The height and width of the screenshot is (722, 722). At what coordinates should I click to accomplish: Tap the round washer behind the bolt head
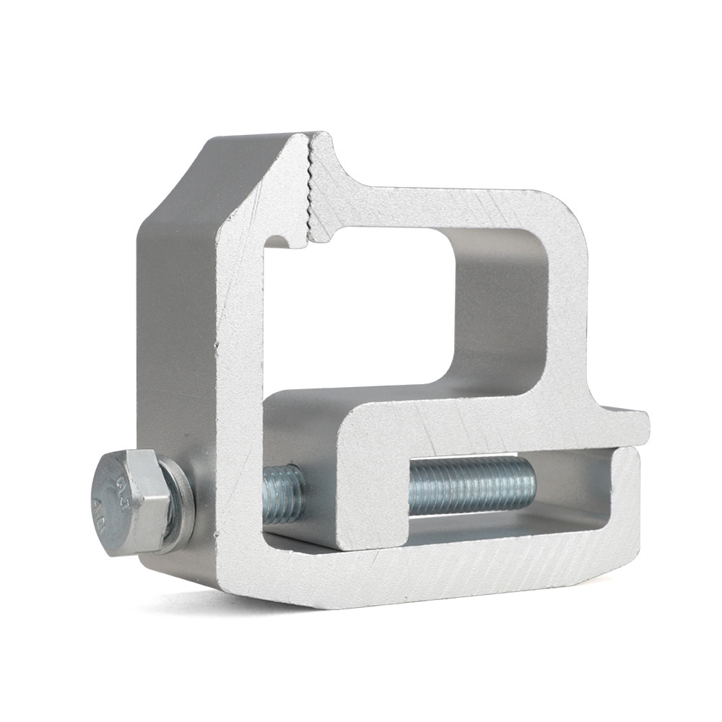(180, 505)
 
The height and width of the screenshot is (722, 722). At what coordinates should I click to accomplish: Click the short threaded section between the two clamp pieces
(284, 495)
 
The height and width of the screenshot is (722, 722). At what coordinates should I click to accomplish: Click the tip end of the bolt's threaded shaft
(531, 480)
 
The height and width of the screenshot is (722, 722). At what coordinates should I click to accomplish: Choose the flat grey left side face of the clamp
(173, 325)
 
